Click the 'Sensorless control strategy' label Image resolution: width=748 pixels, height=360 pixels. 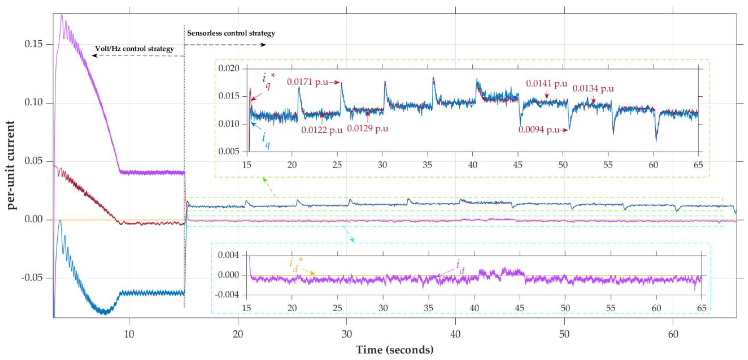point(231,33)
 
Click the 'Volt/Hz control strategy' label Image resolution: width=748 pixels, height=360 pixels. point(135,49)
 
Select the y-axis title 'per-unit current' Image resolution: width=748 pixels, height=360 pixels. point(11,165)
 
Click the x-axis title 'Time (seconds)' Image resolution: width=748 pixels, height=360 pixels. point(395,349)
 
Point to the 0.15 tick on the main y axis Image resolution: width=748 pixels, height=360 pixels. point(33,44)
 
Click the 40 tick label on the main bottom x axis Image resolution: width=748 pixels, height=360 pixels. point(455,334)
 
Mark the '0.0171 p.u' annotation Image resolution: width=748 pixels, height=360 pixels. point(308,82)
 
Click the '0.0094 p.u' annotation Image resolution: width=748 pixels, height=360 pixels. point(539,130)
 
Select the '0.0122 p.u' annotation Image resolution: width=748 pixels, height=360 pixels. point(322,130)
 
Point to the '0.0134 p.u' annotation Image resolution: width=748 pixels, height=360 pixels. point(593,89)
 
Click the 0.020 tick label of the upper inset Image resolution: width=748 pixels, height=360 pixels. point(229,69)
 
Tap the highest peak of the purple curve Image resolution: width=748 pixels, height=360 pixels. point(62,15)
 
